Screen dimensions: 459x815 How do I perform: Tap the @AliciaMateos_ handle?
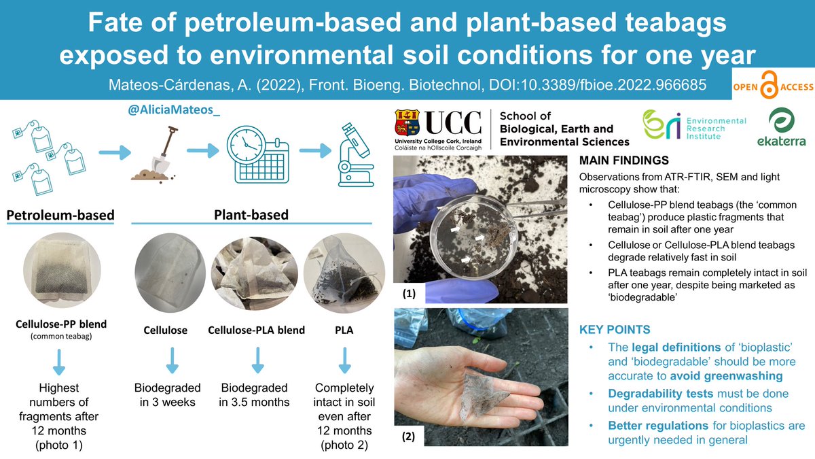click(166, 109)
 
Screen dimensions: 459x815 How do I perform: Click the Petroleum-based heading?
click(60, 216)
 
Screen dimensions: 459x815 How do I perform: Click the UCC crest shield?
click(407, 122)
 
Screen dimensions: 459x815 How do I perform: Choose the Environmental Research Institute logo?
click(694, 126)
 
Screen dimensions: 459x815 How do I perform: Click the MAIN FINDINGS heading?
click(623, 161)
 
